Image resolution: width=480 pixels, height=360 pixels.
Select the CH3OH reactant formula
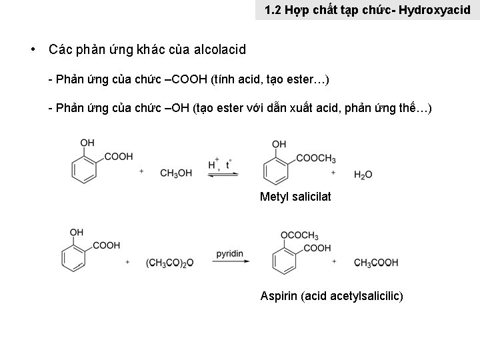click(x=176, y=173)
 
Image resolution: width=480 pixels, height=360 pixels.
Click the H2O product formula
click(x=363, y=175)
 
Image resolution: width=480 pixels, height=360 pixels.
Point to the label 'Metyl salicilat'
click(x=295, y=197)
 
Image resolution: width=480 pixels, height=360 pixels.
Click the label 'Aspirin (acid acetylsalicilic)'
click(x=331, y=295)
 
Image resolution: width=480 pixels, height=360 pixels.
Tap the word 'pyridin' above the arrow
click(x=230, y=253)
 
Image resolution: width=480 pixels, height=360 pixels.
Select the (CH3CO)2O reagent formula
click(x=169, y=263)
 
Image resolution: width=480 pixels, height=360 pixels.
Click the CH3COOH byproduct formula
click(x=376, y=263)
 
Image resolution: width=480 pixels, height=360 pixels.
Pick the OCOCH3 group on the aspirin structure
click(x=299, y=235)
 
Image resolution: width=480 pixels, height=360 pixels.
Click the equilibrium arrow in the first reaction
click(x=223, y=174)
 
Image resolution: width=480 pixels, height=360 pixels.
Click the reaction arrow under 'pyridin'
click(x=231, y=262)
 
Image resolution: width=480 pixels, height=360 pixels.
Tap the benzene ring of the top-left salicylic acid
click(x=85, y=167)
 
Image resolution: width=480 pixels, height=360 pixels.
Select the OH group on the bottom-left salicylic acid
click(x=77, y=232)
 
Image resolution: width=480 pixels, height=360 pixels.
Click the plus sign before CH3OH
click(x=142, y=171)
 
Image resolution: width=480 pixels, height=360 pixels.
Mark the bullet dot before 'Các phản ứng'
click(x=32, y=49)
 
